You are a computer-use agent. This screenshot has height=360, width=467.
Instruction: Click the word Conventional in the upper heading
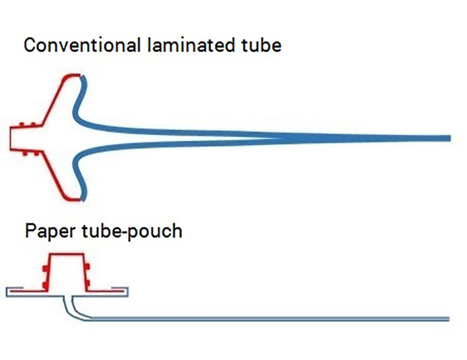pyautogui.click(x=82, y=45)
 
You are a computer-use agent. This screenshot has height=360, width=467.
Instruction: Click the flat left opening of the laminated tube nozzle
pyautogui.click(x=11, y=138)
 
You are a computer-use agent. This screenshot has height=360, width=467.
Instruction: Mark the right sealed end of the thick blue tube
pyautogui.click(x=449, y=138)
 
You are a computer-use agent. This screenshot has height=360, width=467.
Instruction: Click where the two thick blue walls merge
pyautogui.click(x=280, y=138)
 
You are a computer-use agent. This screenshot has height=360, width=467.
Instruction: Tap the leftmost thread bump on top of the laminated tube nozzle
pyautogui.click(x=22, y=124)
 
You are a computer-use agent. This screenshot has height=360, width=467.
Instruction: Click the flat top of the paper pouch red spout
pyautogui.click(x=67, y=254)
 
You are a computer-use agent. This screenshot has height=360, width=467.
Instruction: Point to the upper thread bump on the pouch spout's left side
pyautogui.click(x=46, y=268)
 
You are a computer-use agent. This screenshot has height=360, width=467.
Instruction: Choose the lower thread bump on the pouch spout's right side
pyautogui.click(x=87, y=282)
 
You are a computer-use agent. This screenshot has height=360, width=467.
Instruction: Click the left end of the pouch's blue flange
pyautogui.click(x=6, y=292)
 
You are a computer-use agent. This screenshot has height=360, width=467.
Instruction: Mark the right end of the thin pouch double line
pyautogui.click(x=448, y=319)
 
